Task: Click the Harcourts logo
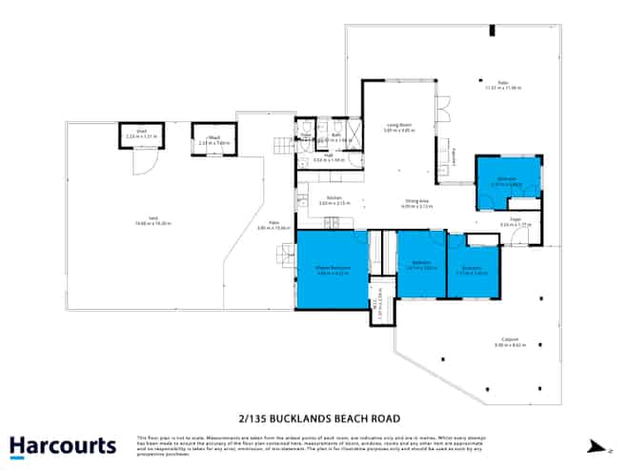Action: click(63, 445)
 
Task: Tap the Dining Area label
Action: click(414, 202)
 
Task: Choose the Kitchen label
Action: click(329, 201)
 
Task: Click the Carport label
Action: click(505, 343)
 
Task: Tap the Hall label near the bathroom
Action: click(328, 157)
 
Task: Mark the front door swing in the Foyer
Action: click(519, 237)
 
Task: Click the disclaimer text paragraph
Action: click(313, 443)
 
